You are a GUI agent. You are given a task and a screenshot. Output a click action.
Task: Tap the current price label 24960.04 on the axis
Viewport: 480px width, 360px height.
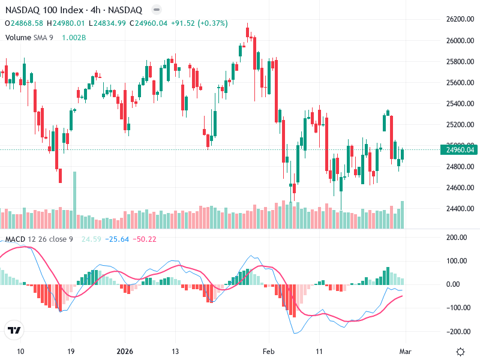click(460, 150)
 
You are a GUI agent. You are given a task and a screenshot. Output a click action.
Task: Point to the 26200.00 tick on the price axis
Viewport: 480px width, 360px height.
click(460, 20)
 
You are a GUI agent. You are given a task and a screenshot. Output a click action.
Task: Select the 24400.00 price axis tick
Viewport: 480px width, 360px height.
click(460, 209)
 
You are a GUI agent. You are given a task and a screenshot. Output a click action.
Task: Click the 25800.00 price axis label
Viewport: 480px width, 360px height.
click(460, 62)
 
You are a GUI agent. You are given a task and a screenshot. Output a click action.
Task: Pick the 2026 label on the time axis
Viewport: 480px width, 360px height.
click(124, 351)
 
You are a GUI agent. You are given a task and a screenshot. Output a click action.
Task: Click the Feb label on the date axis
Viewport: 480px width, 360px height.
click(269, 351)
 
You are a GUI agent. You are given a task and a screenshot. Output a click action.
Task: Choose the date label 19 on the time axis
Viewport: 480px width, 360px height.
click(71, 351)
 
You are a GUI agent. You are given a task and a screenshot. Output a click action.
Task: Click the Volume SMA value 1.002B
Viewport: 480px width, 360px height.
click(74, 37)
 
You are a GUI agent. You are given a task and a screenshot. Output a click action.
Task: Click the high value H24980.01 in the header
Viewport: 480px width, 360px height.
click(66, 23)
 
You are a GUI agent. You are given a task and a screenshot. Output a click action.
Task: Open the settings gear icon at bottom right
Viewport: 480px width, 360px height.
click(460, 352)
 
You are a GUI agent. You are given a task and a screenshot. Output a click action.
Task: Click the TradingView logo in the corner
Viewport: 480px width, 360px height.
click(14, 331)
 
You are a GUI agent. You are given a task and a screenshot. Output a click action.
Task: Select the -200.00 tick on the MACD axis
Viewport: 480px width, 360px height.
click(460, 331)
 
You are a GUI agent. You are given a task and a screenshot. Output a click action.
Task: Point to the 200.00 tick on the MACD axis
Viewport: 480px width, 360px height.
click(463, 238)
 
